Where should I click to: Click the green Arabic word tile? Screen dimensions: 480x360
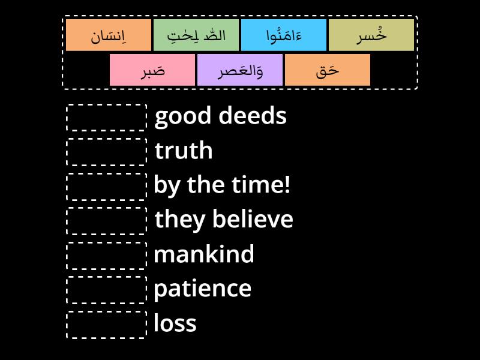(196, 35)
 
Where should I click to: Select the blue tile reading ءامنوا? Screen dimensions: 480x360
(284, 35)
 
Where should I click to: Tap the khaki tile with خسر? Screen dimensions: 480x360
(371, 35)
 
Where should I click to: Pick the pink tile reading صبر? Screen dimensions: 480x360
(152, 70)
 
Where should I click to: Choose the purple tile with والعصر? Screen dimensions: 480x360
(240, 70)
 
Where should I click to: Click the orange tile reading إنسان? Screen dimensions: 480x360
(109, 35)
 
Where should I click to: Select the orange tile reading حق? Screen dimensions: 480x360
(328, 70)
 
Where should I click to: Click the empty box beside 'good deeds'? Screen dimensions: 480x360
(107, 118)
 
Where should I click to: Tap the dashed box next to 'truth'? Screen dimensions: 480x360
(107, 152)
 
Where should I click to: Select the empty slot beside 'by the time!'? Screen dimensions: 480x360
(107, 187)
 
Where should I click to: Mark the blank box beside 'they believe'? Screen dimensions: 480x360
(107, 221)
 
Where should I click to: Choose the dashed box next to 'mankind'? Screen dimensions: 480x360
(107, 256)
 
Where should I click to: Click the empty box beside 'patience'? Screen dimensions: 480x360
(107, 290)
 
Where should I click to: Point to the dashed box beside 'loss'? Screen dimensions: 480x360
(107, 325)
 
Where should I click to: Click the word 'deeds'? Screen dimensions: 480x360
(253, 116)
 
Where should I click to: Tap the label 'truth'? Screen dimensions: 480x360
(184, 151)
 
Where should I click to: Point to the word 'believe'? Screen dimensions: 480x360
(253, 218)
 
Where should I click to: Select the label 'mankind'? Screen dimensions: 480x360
(204, 253)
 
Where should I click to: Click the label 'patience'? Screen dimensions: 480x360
(202, 289)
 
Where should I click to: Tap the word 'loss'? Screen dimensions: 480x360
(175, 323)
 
